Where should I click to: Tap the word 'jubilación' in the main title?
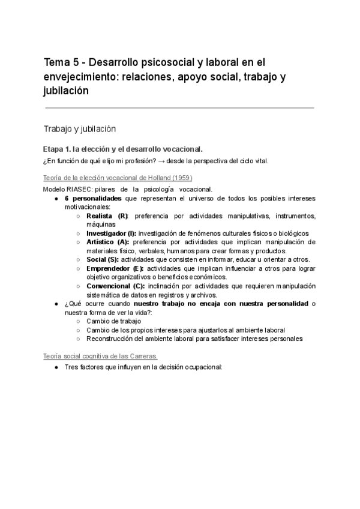(67, 91)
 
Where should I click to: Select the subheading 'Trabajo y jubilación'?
(79, 128)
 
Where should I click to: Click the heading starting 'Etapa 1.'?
(123, 149)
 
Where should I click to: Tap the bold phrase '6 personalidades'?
(93, 198)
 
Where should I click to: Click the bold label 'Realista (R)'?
(107, 215)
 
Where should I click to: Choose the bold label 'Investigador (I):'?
(112, 233)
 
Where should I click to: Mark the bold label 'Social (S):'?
(103, 259)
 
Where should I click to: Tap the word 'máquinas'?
(101, 224)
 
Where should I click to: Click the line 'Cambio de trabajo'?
(114, 321)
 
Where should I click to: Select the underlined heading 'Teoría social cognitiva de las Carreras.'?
(101, 356)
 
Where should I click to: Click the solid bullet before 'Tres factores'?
(55, 366)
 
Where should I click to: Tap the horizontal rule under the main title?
(179, 108)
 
